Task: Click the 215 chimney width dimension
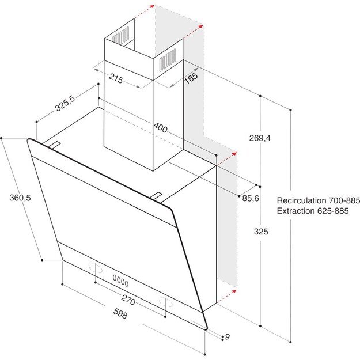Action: (116, 80)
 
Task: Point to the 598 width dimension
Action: (119, 315)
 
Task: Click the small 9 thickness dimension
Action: (227, 336)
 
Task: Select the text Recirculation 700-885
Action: (318, 200)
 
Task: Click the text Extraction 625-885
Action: (318, 211)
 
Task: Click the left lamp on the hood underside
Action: (96, 269)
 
